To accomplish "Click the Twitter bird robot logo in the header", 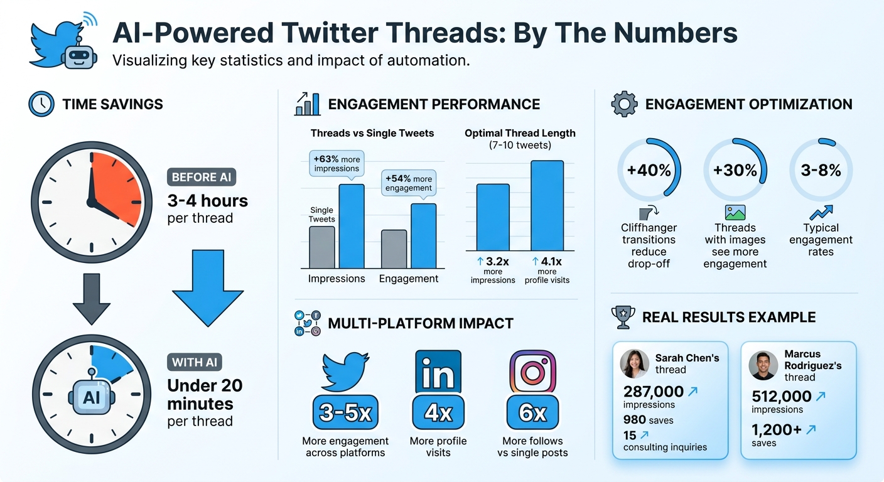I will click(x=63, y=43).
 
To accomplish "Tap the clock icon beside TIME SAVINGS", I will click(x=41, y=104).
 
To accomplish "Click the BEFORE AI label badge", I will click(x=202, y=177).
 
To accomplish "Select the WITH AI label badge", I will click(x=195, y=362).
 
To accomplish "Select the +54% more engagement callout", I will click(x=409, y=183).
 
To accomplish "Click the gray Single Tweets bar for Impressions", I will click(x=322, y=247).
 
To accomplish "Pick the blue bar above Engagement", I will click(x=423, y=235).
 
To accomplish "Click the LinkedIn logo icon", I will click(x=438, y=372).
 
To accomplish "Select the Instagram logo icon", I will click(x=532, y=372).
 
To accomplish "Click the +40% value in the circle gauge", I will click(x=649, y=170).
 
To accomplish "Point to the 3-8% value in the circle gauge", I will click(x=821, y=170).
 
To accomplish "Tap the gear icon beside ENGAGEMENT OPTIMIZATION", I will click(x=624, y=104).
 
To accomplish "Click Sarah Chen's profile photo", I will click(x=634, y=363).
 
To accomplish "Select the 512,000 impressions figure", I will click(x=782, y=397).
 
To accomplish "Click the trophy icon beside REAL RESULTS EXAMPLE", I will click(x=623, y=317).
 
